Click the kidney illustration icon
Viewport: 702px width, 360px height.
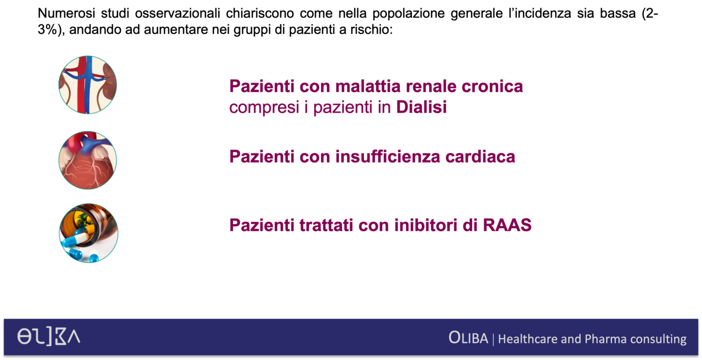88,85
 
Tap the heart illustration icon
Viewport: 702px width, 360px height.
88,160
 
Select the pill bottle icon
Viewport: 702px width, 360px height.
89,233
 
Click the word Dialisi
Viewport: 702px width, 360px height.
422,107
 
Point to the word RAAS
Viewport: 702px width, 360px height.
507,225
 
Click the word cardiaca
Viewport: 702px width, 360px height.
480,156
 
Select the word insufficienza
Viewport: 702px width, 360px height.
388,156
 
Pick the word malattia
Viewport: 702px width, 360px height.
368,86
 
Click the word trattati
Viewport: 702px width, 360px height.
326,225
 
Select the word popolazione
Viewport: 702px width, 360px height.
409,14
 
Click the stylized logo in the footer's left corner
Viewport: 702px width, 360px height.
49,337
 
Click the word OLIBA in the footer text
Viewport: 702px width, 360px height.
468,338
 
